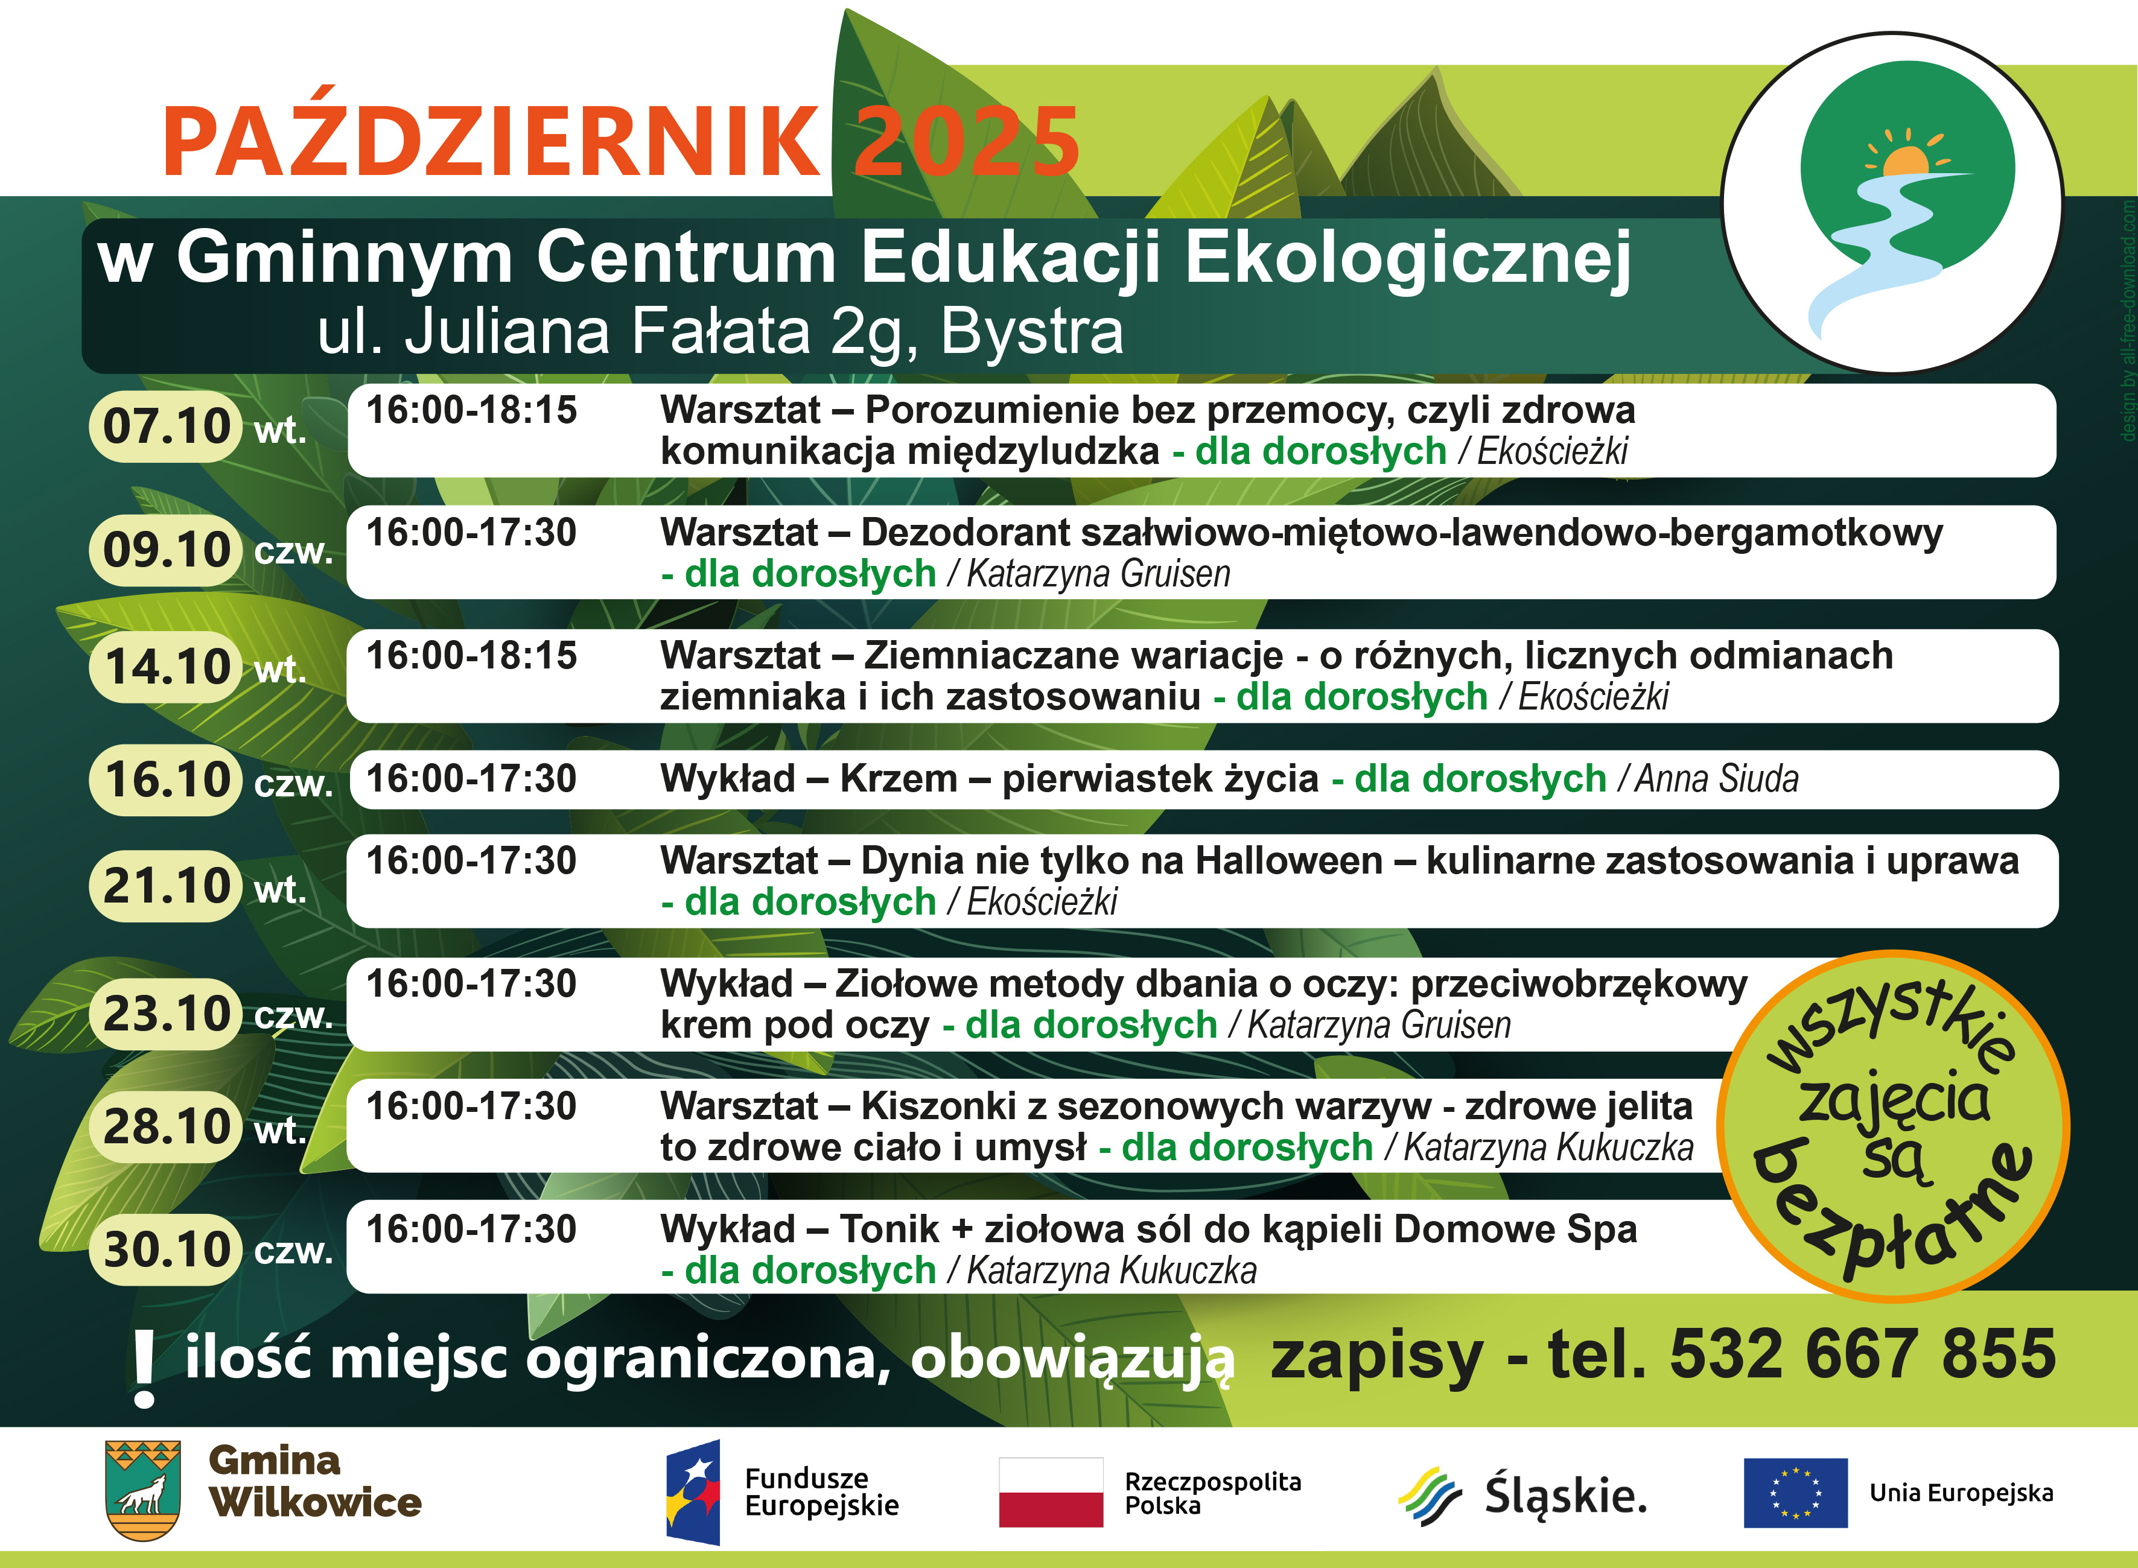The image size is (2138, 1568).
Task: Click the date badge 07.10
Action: coord(165,426)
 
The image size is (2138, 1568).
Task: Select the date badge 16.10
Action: coord(165,780)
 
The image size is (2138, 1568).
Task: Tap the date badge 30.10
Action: coord(165,1249)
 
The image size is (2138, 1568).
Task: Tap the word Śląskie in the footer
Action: coord(1565,1495)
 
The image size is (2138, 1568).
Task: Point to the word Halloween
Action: coord(1288,861)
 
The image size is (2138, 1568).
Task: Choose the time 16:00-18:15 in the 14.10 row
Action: coord(472,656)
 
